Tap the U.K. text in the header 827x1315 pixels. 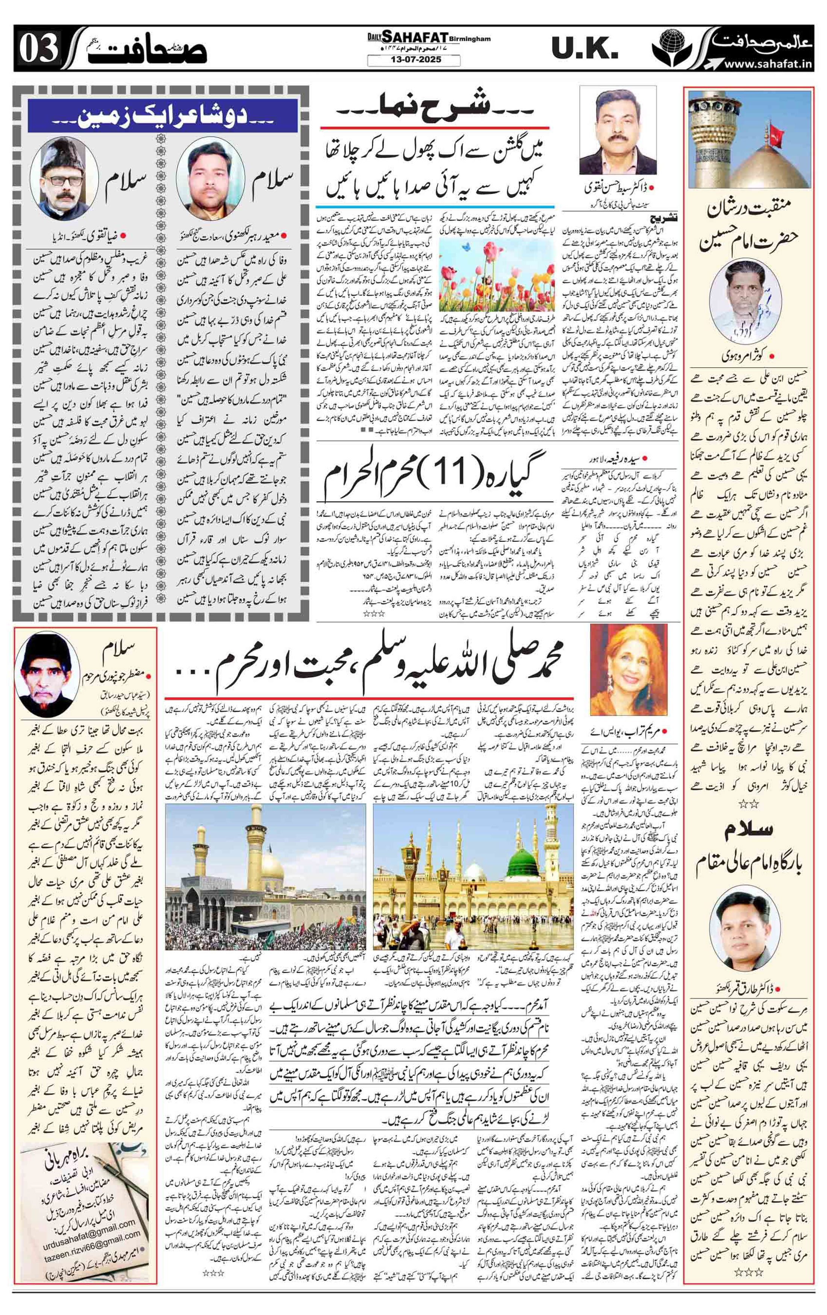[x=584, y=50]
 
